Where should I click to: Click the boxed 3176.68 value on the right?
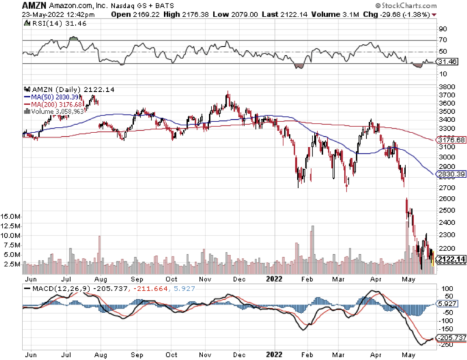click(452, 140)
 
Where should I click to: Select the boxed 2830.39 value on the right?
click(452, 173)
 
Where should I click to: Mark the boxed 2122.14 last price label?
click(452, 260)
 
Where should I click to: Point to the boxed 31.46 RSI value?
click(448, 61)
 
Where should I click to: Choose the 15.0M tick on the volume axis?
click(12, 216)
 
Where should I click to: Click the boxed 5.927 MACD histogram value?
click(449, 303)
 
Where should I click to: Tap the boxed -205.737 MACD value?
click(452, 337)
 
